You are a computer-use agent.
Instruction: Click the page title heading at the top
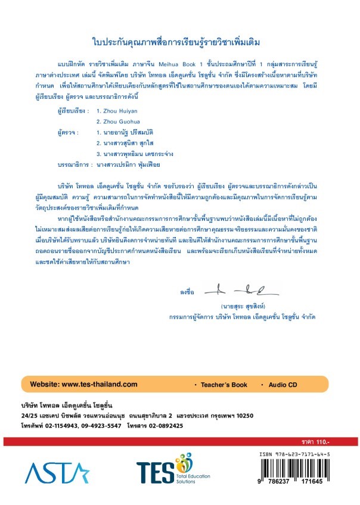click(x=180, y=43)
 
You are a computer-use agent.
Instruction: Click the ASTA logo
click(x=57, y=473)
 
